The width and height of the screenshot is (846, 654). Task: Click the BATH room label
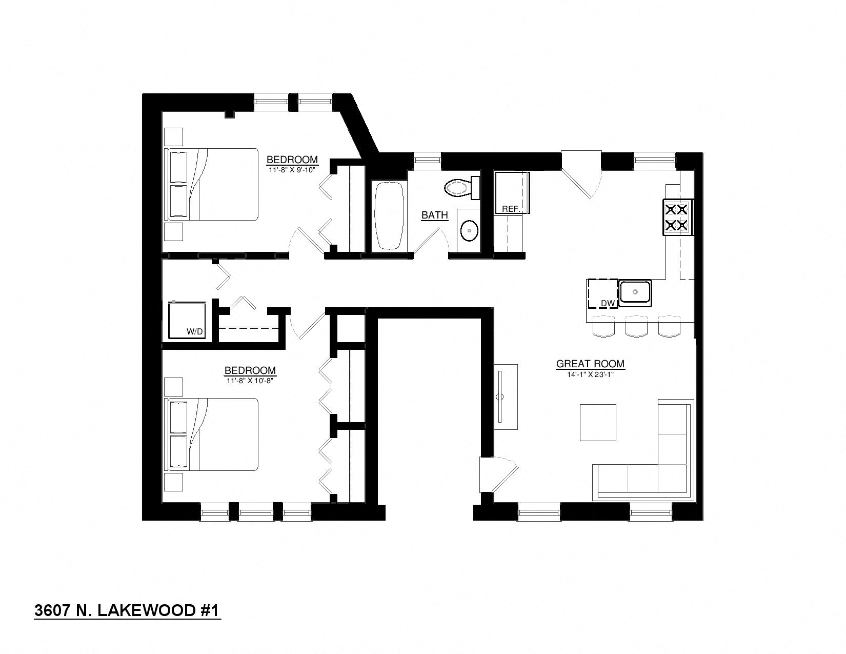point(434,215)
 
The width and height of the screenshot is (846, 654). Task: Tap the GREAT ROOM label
point(590,364)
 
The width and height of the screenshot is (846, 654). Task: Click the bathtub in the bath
point(389,216)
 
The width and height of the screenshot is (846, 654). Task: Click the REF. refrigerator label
point(511,209)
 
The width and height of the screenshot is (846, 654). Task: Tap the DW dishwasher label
point(608,304)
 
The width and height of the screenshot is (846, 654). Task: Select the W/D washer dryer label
point(195,332)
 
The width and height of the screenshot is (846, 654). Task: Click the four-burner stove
point(677,217)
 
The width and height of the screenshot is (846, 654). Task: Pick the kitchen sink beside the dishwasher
point(635,292)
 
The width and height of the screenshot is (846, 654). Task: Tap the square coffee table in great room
point(598,422)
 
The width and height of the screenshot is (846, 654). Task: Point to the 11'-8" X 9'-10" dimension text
point(292,170)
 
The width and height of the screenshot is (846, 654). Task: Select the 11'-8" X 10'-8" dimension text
point(250,381)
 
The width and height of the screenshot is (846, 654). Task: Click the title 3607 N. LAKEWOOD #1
point(127,611)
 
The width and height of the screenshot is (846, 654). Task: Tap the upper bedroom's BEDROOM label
point(292,160)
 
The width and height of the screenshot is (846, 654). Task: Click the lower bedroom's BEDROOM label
point(250,370)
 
